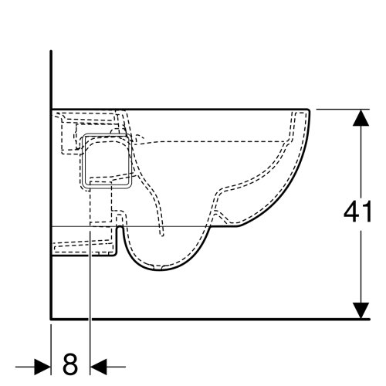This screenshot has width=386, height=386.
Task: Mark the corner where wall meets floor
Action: pyautogui.click(x=50, y=319)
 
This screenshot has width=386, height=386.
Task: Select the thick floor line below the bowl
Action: pyautogui.click(x=193, y=319)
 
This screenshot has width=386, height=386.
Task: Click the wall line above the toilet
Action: pyautogui.click(x=50, y=77)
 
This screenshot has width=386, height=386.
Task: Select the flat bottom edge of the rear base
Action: pyautogui.click(x=81, y=257)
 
